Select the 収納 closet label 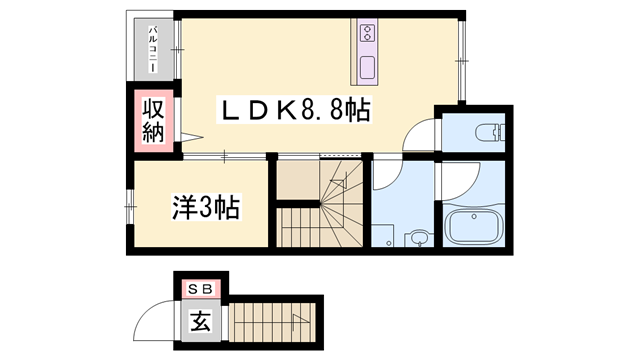point(152,120)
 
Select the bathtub point(474,229)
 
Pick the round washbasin point(419,238)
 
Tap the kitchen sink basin point(366,70)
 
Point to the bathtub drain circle point(453,221)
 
